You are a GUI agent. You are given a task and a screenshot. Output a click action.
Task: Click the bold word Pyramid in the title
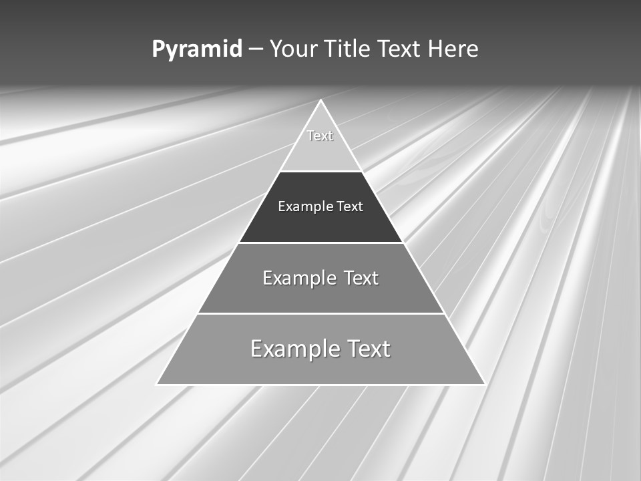(197, 49)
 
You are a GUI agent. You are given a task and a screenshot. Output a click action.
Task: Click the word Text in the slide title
(401, 49)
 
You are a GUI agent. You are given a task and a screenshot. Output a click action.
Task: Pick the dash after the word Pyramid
(256, 50)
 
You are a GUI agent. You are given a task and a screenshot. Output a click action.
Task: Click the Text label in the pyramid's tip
(320, 136)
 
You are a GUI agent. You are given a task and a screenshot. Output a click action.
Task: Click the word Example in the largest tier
(293, 349)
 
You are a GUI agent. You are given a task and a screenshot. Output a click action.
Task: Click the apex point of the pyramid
(320, 101)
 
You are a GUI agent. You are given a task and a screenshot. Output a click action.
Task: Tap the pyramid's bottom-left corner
(157, 384)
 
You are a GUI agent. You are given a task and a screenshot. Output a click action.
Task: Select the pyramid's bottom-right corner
(484, 384)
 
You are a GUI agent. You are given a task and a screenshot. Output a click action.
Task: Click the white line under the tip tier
(320, 171)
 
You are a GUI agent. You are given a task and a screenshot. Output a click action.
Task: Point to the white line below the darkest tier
(320, 243)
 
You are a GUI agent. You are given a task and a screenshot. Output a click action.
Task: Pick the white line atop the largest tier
(320, 313)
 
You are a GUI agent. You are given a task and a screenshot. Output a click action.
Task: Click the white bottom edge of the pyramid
(320, 385)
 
